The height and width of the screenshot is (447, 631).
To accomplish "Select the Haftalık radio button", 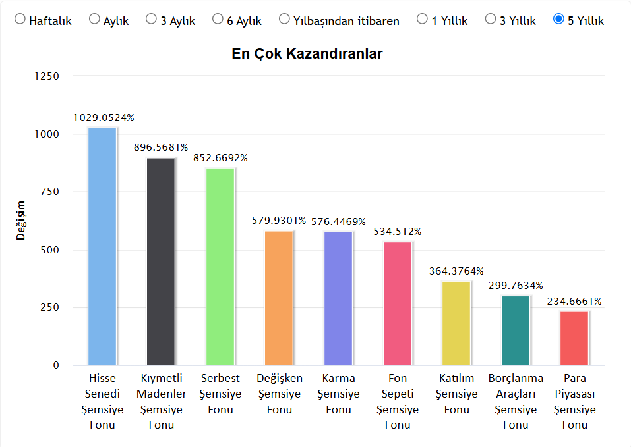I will tap(20, 20).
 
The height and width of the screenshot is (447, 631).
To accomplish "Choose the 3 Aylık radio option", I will tap(152, 20).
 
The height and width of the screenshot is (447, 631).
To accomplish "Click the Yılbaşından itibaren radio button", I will tap(284, 20).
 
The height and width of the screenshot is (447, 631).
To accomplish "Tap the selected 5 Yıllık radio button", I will tap(558, 20).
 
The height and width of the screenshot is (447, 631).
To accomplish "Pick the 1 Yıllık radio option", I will tap(422, 20).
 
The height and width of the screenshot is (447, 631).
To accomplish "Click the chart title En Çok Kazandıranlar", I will tap(307, 54).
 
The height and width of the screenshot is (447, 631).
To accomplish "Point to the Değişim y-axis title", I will tap(21, 221).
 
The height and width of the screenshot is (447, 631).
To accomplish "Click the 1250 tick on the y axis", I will tap(47, 76).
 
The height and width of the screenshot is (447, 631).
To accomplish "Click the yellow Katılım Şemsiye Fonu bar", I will tap(456, 323).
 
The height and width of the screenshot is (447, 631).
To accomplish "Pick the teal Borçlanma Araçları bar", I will tap(516, 330).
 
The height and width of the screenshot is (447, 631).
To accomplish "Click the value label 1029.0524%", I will tap(104, 118).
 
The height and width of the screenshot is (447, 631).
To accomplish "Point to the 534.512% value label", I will tap(398, 232).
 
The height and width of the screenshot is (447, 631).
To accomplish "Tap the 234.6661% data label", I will tap(574, 302).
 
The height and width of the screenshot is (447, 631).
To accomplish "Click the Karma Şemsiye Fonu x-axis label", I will tap(338, 394).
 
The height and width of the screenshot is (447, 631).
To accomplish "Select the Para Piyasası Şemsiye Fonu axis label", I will tap(574, 401).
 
